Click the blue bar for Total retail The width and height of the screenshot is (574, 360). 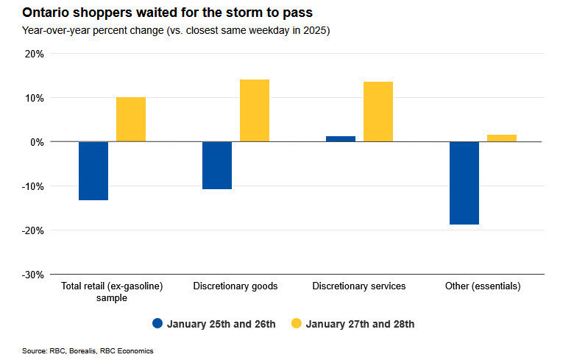[93, 171]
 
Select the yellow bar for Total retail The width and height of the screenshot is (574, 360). [131, 119]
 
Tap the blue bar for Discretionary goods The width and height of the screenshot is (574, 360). [217, 166]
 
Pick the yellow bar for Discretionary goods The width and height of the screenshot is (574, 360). [255, 110]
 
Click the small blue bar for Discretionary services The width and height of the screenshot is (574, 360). [341, 138]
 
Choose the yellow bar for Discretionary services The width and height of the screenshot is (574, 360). [378, 112]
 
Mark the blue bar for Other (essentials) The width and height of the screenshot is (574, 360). [464, 183]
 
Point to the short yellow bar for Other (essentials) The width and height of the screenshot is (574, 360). [502, 138]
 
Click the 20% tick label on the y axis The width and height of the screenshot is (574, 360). [34, 54]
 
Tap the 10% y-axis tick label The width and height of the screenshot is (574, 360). [34, 98]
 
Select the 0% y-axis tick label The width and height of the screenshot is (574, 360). [37, 142]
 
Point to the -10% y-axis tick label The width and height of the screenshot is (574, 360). [32, 186]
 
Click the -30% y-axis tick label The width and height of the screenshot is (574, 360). [32, 275]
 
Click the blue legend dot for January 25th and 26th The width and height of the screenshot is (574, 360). [157, 324]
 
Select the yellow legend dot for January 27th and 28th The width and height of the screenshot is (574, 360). [296, 324]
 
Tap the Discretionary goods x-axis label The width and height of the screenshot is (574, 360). [235, 286]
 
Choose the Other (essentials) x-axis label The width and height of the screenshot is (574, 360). [483, 286]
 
